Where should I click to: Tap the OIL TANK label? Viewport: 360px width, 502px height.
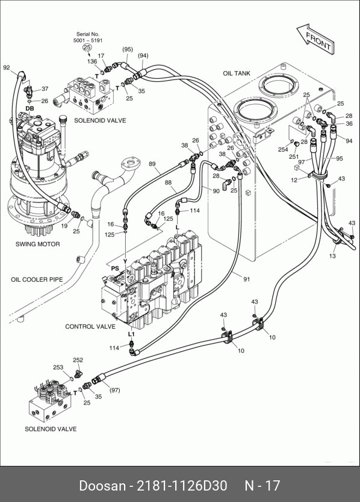pos(237,73)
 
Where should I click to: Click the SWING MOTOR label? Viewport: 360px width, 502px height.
pos(38,244)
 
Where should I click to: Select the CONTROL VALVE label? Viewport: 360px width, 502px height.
pos(90,327)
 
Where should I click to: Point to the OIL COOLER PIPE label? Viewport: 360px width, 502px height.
pos(37,279)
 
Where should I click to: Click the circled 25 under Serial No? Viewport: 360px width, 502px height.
pos(87,48)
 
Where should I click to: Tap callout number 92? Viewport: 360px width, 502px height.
pos(7,67)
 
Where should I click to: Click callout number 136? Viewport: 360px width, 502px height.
pos(92,61)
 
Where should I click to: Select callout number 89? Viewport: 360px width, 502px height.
pos(152,164)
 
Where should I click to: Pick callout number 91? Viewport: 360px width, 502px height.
pos(247,279)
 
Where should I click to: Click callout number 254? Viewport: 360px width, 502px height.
pos(283,149)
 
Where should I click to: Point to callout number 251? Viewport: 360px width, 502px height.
pos(294,157)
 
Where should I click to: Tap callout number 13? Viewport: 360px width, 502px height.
pos(332,256)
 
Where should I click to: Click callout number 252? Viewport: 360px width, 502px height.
pos(78,360)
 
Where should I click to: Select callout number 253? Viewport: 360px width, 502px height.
pos(58,367)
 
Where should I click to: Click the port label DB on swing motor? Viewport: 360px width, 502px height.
pos(29,108)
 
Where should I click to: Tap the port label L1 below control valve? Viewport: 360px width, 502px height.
pos(131,334)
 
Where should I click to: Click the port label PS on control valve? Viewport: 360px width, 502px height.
pos(115,268)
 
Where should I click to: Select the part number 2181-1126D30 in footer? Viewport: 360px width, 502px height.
pos(182,486)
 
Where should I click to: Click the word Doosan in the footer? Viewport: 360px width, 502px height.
pos(102,486)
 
